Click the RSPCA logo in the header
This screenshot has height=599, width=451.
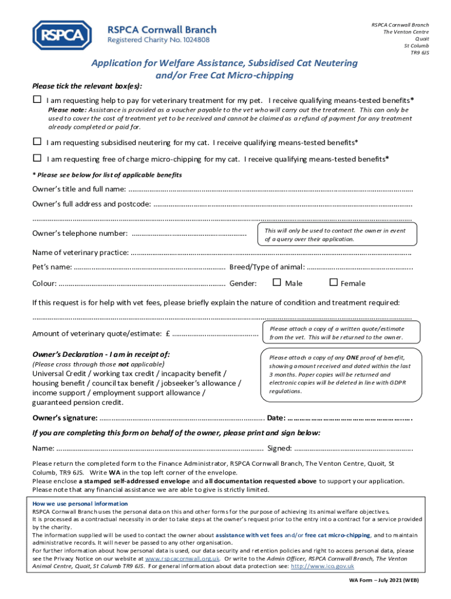coord(62,35)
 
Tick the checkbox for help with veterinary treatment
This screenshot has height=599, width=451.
coord(37,99)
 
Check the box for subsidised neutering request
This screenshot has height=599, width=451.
coord(37,142)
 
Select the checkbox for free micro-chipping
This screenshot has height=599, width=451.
coord(37,158)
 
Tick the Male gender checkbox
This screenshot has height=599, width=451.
coord(277,283)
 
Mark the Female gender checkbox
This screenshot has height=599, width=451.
coord(333,283)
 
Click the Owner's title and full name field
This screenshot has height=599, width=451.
coord(269,189)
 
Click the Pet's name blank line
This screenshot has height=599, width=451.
coord(150,268)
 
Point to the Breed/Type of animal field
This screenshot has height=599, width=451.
coord(359,268)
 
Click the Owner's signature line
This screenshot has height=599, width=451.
coord(182,418)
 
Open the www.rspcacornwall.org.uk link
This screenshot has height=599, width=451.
coord(186,559)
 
